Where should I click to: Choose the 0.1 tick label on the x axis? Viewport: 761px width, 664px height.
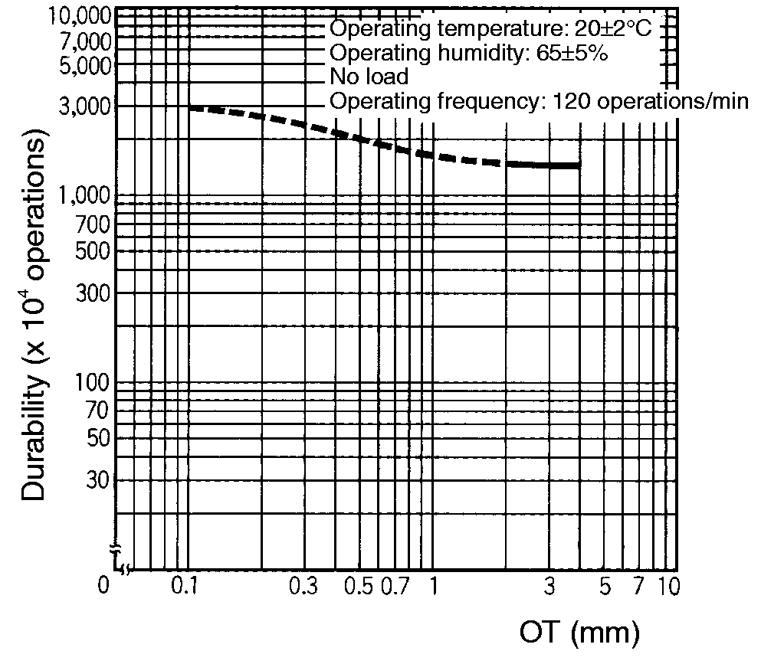tap(185, 587)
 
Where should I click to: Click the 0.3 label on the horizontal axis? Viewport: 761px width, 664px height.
tap(303, 587)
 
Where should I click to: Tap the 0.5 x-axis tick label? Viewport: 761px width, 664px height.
tap(358, 587)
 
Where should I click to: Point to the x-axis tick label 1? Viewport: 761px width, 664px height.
tap(433, 587)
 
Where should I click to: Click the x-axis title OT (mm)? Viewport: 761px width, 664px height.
tap(579, 633)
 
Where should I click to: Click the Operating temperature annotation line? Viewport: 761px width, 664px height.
tap(490, 29)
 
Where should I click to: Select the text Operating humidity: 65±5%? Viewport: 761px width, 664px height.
tap(469, 54)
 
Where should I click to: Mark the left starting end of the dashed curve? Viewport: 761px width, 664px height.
tap(189, 108)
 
